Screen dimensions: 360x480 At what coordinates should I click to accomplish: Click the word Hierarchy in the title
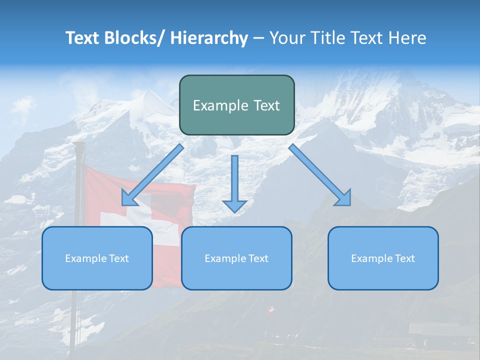click(x=209, y=38)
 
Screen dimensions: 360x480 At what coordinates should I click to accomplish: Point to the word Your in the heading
click(x=286, y=38)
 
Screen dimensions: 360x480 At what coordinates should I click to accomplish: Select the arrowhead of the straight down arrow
click(x=234, y=205)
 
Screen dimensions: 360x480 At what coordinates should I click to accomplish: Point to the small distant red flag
click(x=271, y=310)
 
